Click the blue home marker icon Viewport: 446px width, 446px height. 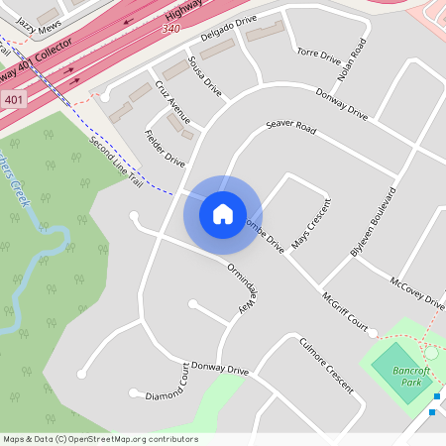click(x=223, y=213)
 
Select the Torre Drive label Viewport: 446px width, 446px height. click(x=318, y=56)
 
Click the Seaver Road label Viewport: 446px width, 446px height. click(x=290, y=129)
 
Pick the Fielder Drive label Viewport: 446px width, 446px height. click(x=165, y=148)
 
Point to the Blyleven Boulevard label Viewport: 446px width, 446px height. click(x=373, y=223)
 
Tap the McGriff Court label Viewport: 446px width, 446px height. click(x=344, y=312)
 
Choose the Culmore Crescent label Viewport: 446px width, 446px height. click(x=326, y=366)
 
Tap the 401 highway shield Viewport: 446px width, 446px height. click(x=13, y=100)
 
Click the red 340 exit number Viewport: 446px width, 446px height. click(x=170, y=30)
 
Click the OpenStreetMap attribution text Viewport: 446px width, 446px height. click(x=99, y=439)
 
